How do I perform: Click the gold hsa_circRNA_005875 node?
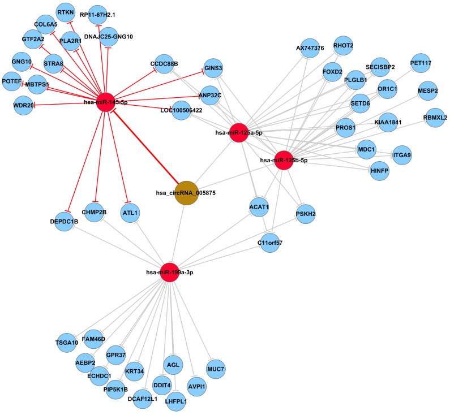[x=186, y=193]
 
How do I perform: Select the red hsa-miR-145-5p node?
[x=106, y=102]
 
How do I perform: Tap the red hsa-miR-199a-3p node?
[x=170, y=272]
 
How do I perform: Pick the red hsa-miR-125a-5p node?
[x=238, y=132]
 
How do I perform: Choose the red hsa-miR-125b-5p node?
[x=284, y=159]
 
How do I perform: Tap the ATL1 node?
[x=130, y=213]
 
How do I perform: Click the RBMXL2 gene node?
[x=435, y=118]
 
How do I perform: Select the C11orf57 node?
[x=269, y=244]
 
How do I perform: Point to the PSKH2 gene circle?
[x=305, y=214]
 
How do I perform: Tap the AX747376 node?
[x=310, y=48]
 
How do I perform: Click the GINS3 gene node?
[x=213, y=68]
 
